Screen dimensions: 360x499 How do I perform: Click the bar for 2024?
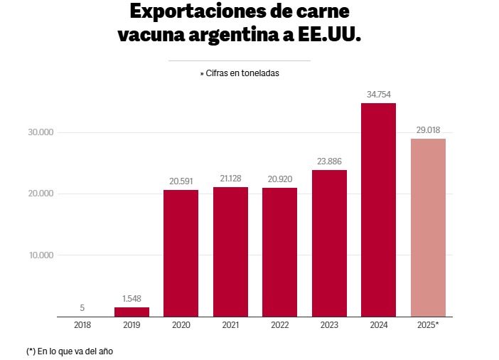click(378, 210)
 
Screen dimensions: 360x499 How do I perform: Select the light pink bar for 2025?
click(428, 228)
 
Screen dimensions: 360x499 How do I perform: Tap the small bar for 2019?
click(132, 312)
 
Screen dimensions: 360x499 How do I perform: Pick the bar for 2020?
click(181, 253)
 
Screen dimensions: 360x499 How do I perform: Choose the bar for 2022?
click(279, 253)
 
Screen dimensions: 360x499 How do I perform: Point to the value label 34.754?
click(378, 95)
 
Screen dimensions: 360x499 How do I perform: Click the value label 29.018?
click(428, 130)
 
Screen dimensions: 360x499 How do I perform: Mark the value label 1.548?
click(132, 299)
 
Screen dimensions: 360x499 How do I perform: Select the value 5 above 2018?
click(82, 308)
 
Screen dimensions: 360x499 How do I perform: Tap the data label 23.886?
click(329, 162)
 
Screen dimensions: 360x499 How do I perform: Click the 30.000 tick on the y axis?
click(41, 132)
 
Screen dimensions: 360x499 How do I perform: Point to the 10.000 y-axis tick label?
click(41, 255)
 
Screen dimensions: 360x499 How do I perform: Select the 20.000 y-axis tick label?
click(41, 194)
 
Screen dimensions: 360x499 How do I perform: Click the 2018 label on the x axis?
click(82, 325)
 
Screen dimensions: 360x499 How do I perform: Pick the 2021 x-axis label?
click(230, 325)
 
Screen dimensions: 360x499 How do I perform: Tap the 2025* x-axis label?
click(428, 325)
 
